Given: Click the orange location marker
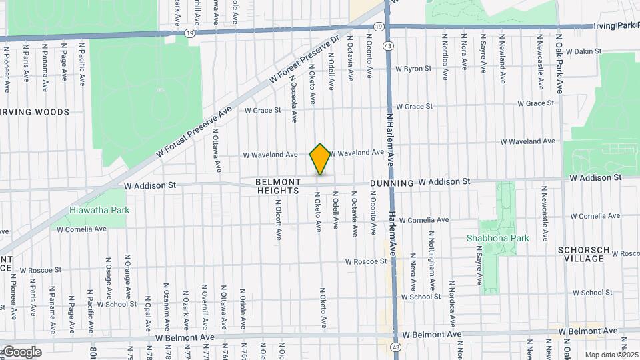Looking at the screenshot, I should (x=321, y=159).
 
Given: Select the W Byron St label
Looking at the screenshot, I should (x=413, y=69).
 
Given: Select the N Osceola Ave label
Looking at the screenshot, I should (x=293, y=99).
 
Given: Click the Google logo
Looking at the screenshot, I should (x=21, y=351).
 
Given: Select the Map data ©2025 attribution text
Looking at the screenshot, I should (x=611, y=355).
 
